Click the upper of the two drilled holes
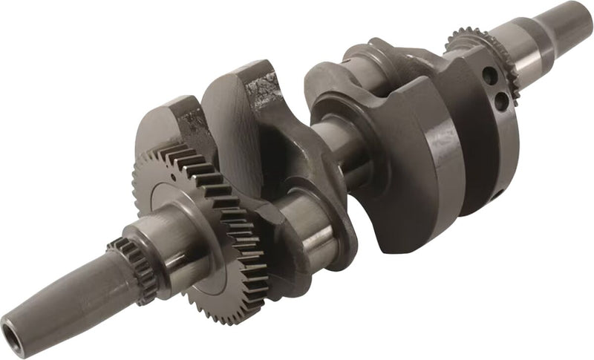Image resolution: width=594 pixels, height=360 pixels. point(489,75)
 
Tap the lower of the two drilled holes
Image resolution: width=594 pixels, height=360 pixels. point(502,98)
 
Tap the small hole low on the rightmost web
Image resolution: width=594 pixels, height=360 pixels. point(497,194)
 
